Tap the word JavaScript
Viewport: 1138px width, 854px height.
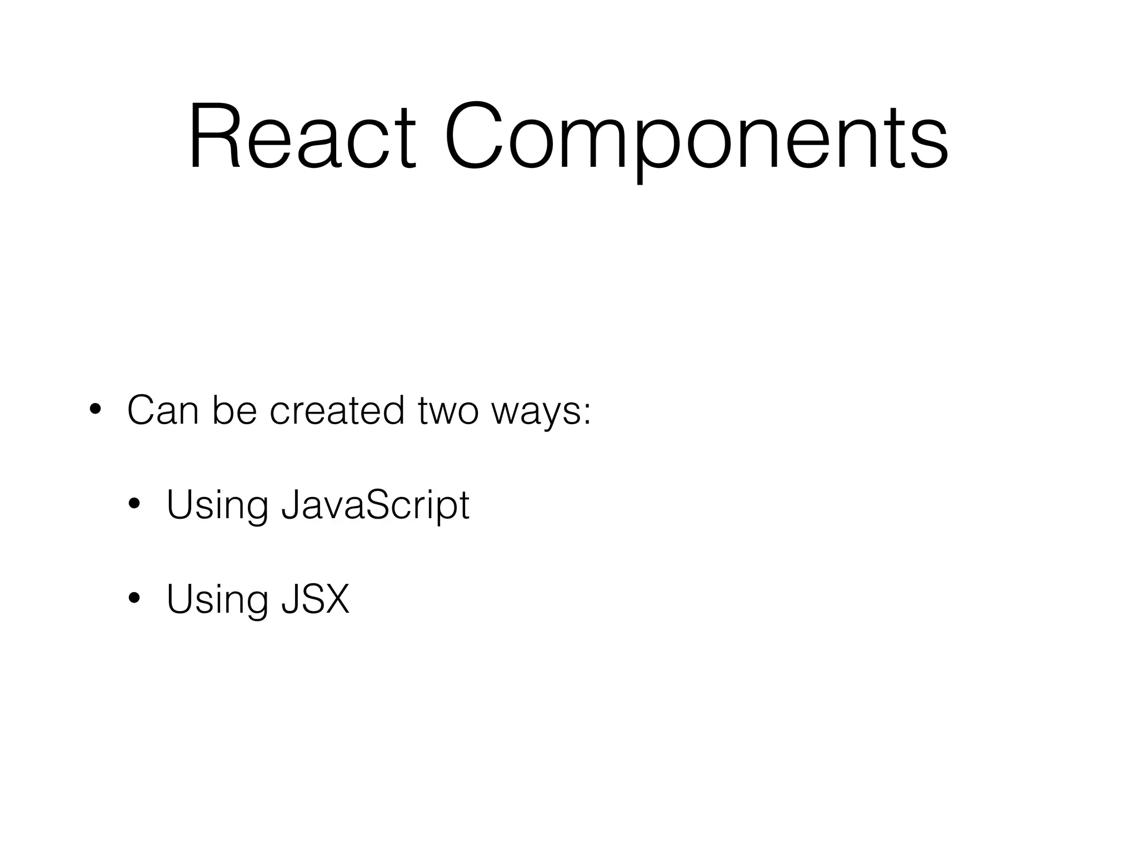click(376, 505)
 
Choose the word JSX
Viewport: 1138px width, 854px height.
click(316, 599)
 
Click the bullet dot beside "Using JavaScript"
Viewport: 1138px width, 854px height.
click(134, 505)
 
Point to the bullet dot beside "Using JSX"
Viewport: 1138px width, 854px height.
click(134, 599)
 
